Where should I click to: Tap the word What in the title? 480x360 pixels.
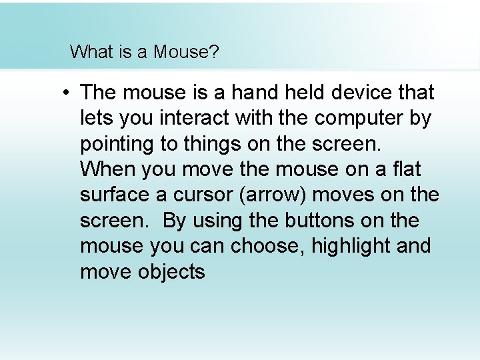coord(92,52)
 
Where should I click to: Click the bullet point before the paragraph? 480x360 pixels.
coord(67,93)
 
